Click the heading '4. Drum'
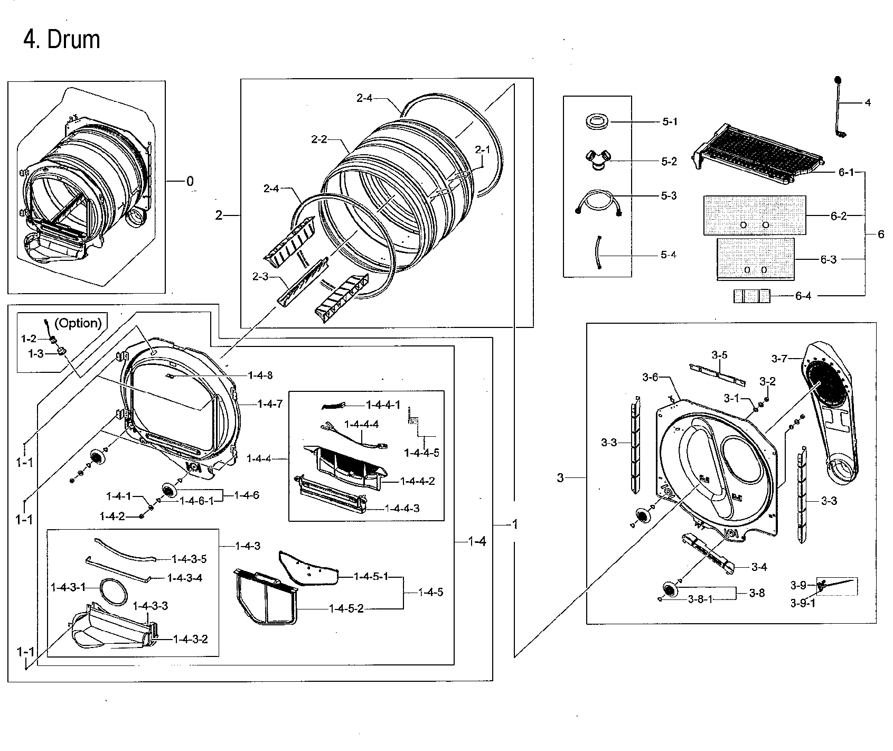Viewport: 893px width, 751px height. [62, 40]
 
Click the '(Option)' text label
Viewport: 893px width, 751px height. [78, 323]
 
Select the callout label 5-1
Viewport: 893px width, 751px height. [669, 121]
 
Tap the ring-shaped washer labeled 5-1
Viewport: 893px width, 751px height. [598, 121]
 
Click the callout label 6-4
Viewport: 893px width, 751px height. [803, 296]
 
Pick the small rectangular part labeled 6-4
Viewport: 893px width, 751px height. [751, 296]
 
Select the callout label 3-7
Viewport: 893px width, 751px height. [779, 359]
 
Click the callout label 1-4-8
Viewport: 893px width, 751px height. [260, 375]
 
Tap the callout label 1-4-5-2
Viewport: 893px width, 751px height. [346, 609]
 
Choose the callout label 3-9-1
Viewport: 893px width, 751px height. [802, 603]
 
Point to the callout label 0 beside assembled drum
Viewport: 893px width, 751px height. [190, 182]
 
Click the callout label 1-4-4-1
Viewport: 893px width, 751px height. [383, 405]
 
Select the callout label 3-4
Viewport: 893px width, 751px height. [759, 567]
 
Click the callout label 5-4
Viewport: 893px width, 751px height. [669, 255]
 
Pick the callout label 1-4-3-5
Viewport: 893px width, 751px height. [189, 559]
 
